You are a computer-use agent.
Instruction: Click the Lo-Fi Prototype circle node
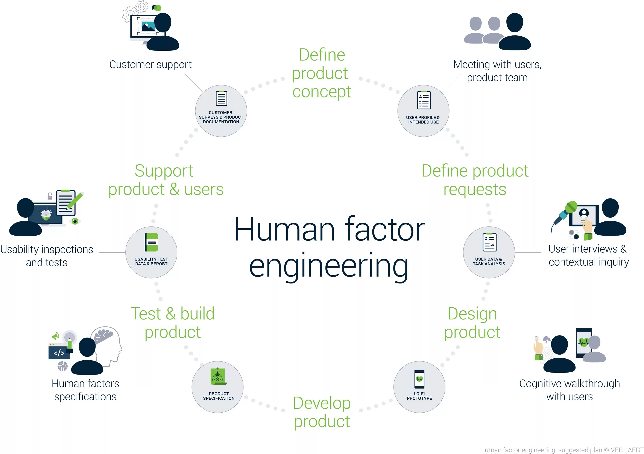[x=419, y=387]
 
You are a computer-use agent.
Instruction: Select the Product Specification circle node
[x=218, y=387]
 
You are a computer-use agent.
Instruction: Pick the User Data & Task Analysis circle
[x=489, y=252]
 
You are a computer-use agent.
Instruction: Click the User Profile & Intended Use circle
[x=423, y=111]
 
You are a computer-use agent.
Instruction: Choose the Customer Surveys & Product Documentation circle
[x=221, y=111]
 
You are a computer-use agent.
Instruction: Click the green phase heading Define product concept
[x=321, y=73]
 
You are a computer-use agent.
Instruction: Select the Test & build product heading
[x=173, y=323]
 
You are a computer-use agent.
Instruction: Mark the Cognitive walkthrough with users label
[x=569, y=390]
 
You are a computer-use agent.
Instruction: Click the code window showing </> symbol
[x=59, y=352]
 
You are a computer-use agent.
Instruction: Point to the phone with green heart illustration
[x=584, y=342]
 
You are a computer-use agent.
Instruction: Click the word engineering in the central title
[x=329, y=267]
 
